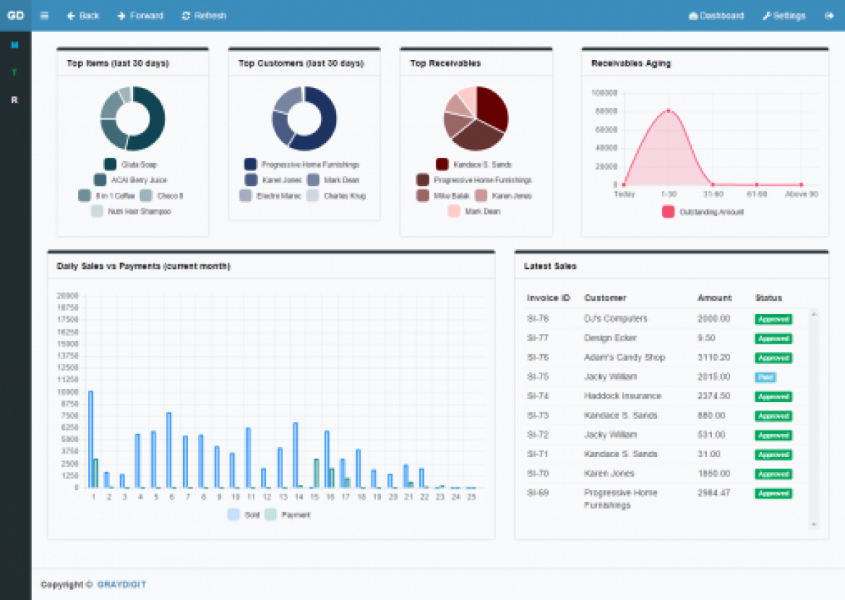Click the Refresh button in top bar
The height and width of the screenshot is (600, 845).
[x=204, y=15]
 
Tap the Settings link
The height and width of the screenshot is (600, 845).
[x=784, y=15]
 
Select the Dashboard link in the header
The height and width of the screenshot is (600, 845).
[x=716, y=15]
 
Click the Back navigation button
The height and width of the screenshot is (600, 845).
[x=83, y=15]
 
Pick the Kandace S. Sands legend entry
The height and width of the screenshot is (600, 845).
[x=474, y=164]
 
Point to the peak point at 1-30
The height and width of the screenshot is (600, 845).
[x=668, y=111]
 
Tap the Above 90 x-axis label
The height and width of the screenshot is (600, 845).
[x=801, y=194]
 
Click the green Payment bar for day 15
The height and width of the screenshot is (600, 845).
[x=316, y=473]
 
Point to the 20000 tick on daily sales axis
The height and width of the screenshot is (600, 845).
[x=68, y=296]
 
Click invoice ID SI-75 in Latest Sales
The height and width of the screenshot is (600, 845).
[x=538, y=377]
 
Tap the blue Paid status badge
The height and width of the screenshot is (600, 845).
[x=765, y=377]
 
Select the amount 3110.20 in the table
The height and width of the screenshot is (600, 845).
[x=714, y=358]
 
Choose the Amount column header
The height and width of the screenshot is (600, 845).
[x=714, y=298]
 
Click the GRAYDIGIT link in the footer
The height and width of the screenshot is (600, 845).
[x=122, y=585]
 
